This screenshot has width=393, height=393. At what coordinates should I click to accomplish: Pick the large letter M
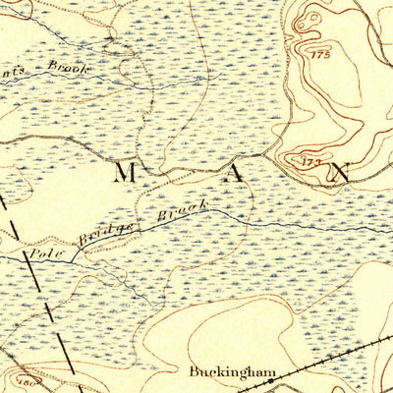click(x=125, y=174)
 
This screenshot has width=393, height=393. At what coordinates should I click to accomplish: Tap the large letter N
click(x=339, y=173)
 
